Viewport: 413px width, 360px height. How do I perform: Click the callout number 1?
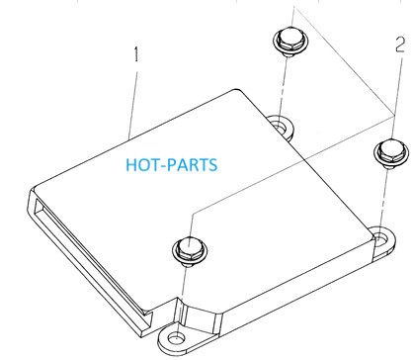point(136,54)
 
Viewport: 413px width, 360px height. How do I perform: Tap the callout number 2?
point(400,45)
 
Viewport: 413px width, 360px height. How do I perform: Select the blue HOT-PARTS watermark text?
point(172,165)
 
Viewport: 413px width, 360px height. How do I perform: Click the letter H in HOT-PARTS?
point(131,165)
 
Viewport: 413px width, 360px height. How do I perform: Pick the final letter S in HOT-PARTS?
point(212,165)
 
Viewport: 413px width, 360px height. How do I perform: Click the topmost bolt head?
point(290,42)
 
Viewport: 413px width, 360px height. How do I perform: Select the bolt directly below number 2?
point(391,153)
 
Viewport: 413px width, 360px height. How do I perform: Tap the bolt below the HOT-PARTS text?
point(190,250)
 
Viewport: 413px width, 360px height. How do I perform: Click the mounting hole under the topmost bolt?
point(280,127)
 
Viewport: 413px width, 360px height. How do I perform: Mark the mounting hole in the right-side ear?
point(380,237)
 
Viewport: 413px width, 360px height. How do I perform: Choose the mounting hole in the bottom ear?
point(176,338)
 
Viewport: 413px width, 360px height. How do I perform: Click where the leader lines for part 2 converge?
point(394,114)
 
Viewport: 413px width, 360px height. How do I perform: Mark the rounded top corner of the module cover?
point(236,90)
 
